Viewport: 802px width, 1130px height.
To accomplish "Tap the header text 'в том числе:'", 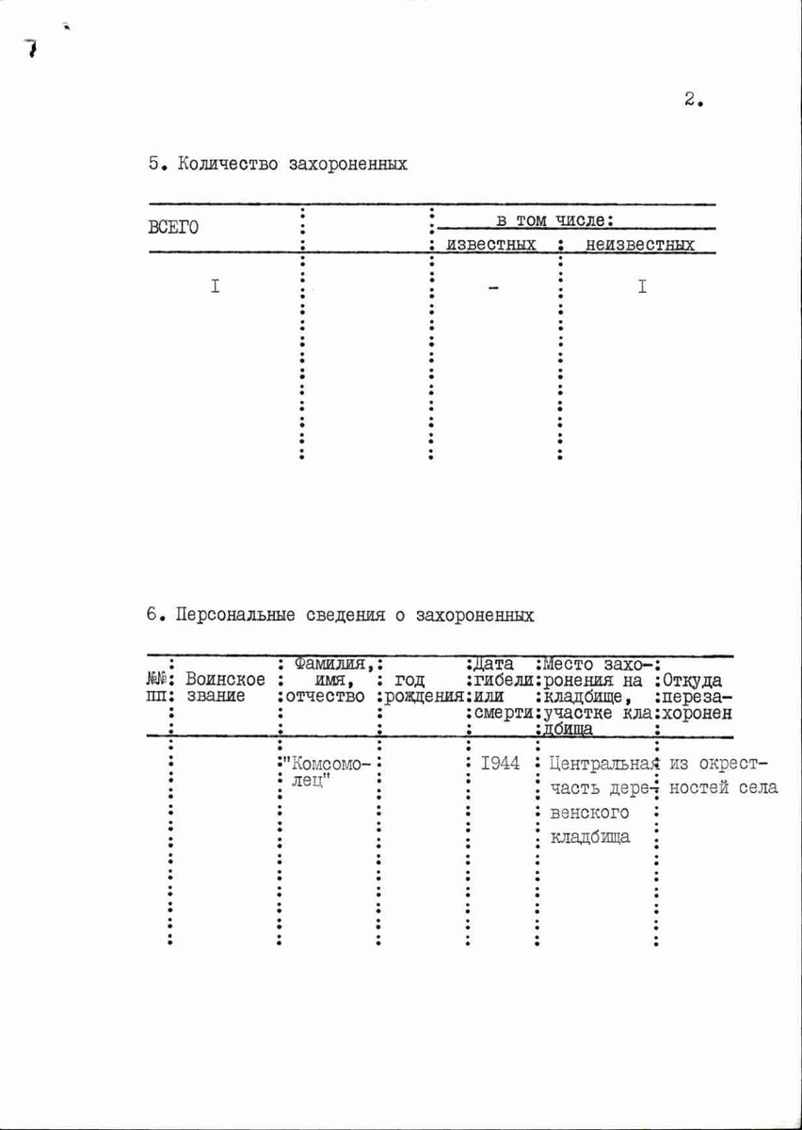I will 555,220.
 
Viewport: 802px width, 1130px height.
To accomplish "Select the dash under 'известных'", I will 493,288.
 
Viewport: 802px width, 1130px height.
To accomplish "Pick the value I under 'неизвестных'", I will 642,286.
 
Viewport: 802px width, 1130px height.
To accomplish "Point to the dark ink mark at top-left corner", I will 34,49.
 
